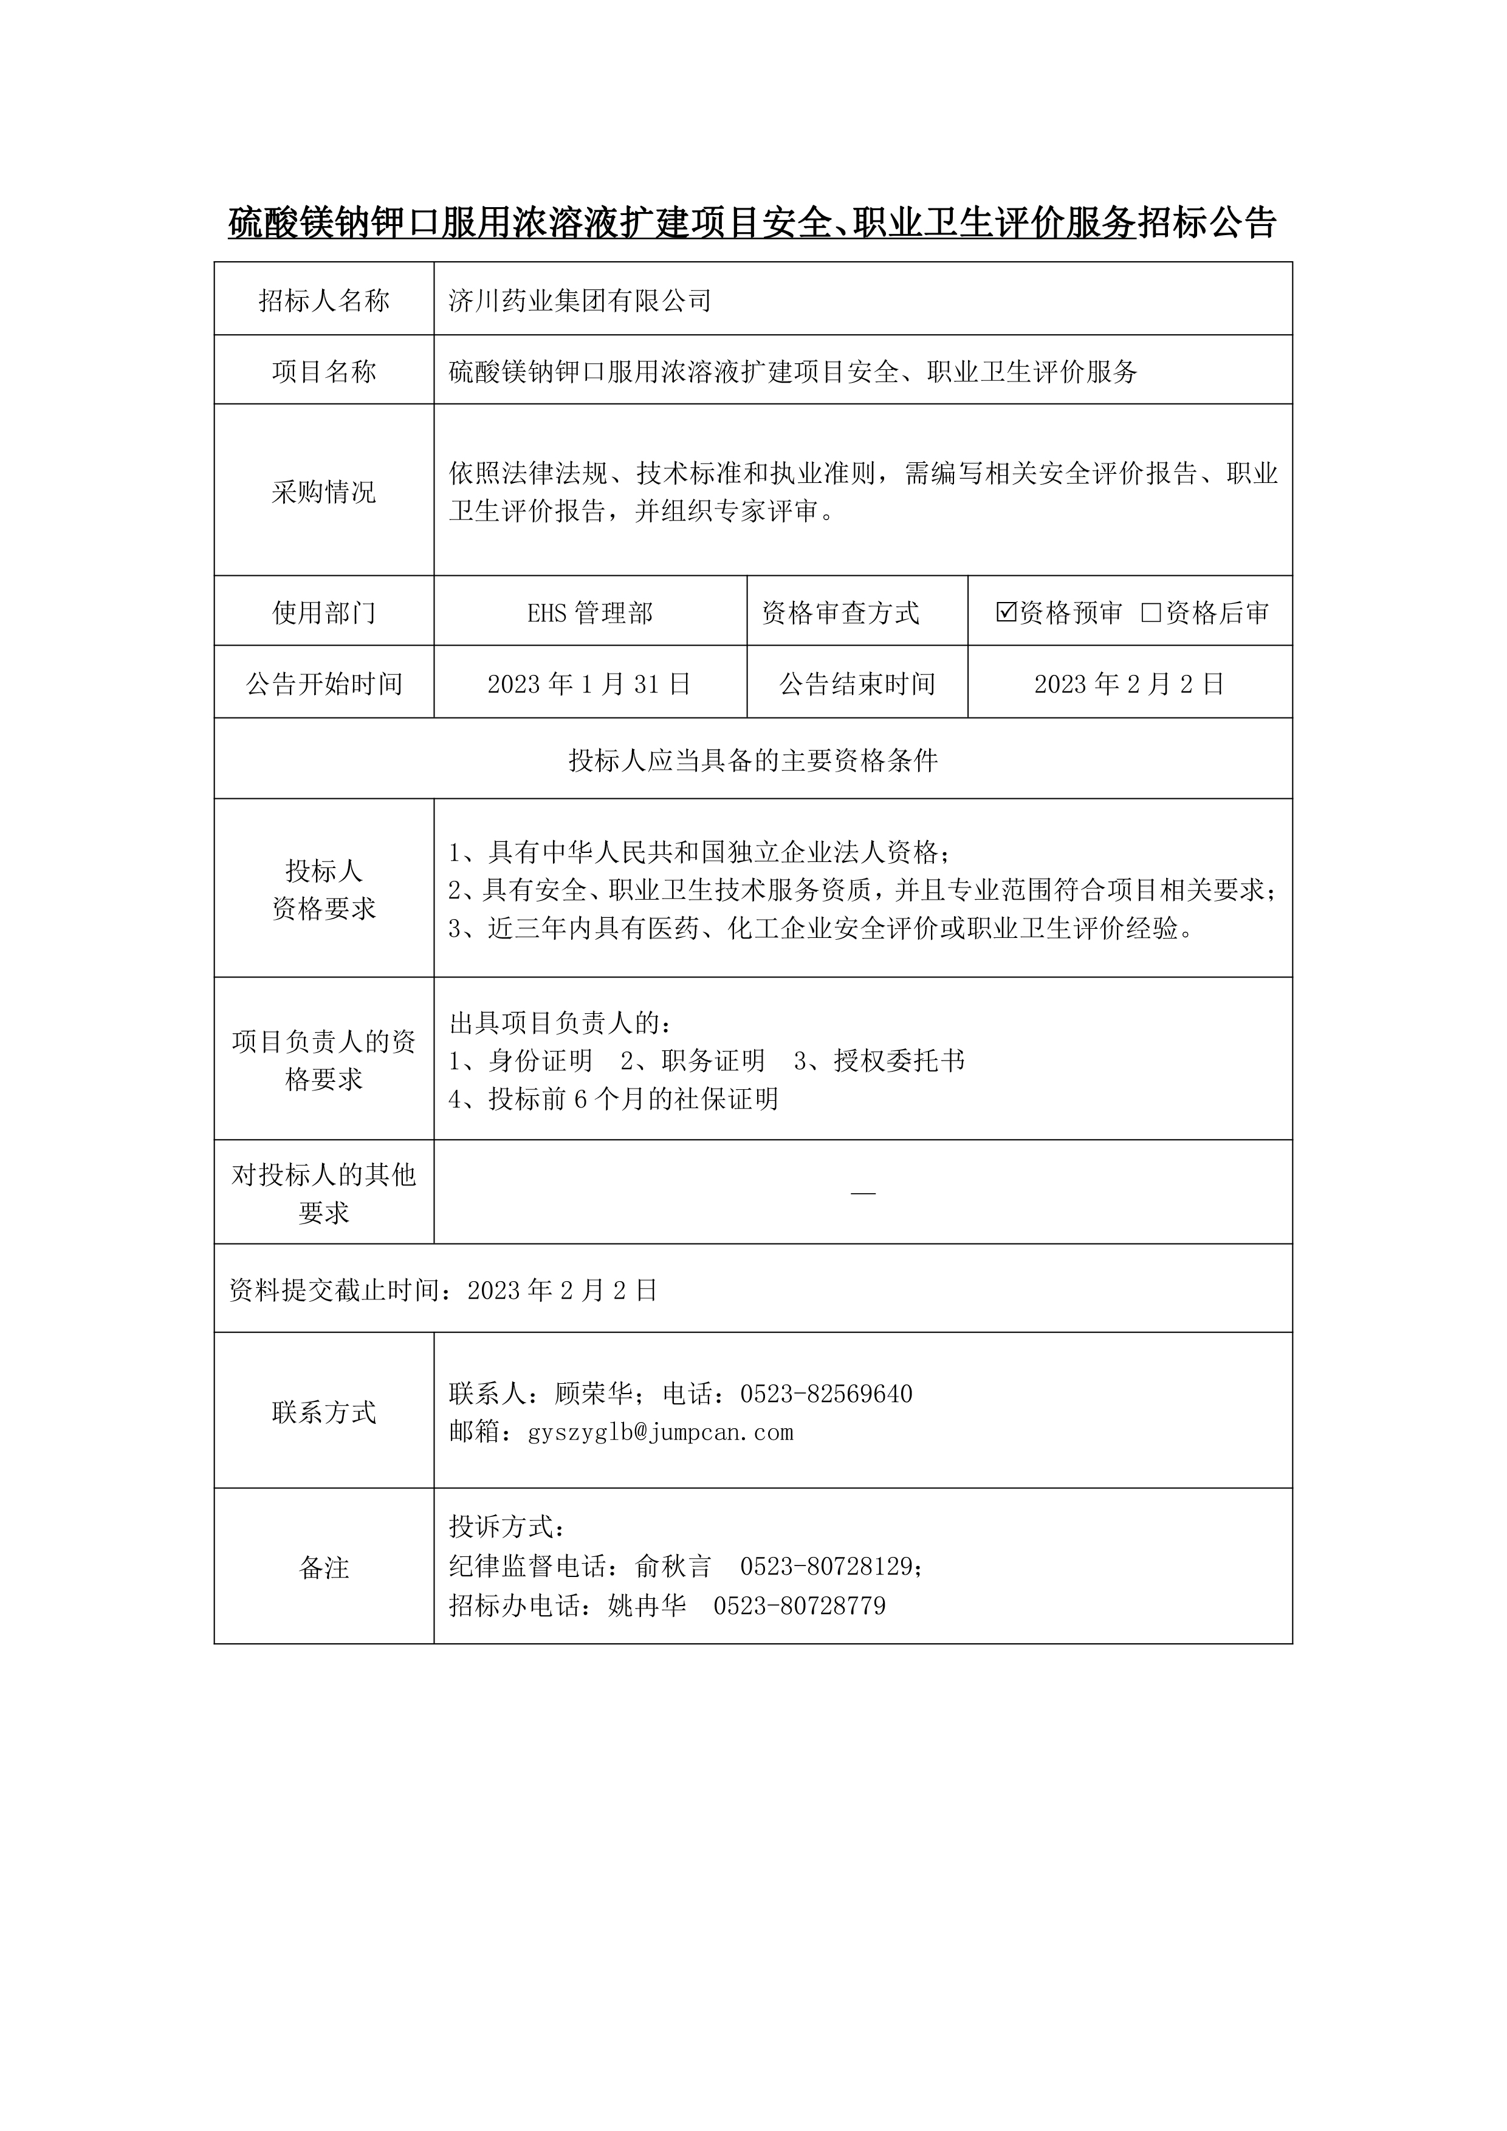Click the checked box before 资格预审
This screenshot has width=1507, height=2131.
pos(1006,612)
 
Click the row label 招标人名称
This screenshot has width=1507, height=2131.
pos(323,300)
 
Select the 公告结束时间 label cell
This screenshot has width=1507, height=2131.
pos(856,684)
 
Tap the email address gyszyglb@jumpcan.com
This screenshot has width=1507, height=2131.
pos(660,1432)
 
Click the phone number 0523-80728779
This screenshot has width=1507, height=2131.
pos(800,1606)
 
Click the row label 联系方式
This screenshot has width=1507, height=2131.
pos(323,1412)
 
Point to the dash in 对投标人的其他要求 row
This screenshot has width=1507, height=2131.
pos(863,1192)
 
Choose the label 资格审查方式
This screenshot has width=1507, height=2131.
pos(840,612)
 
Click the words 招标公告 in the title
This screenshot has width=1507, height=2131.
pos(1207,223)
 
